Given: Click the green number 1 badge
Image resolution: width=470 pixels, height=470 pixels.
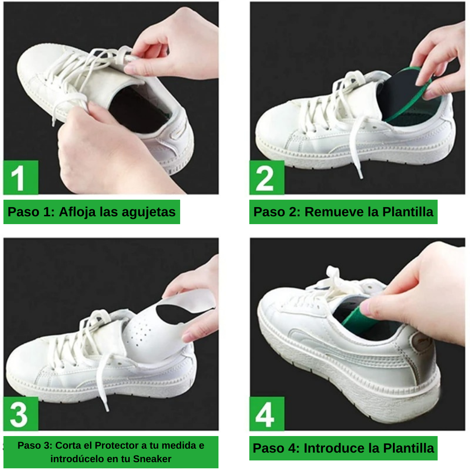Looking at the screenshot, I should (20, 178).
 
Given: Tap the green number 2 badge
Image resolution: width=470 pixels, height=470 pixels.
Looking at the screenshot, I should (266, 178).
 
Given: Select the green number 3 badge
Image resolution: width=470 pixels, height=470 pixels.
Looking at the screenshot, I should (20, 414).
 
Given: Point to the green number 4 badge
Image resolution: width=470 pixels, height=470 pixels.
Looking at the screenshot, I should (266, 414).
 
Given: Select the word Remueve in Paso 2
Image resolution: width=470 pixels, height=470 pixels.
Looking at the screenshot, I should (333, 212).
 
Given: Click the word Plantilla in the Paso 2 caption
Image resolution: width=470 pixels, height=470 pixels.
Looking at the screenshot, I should (408, 212).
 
